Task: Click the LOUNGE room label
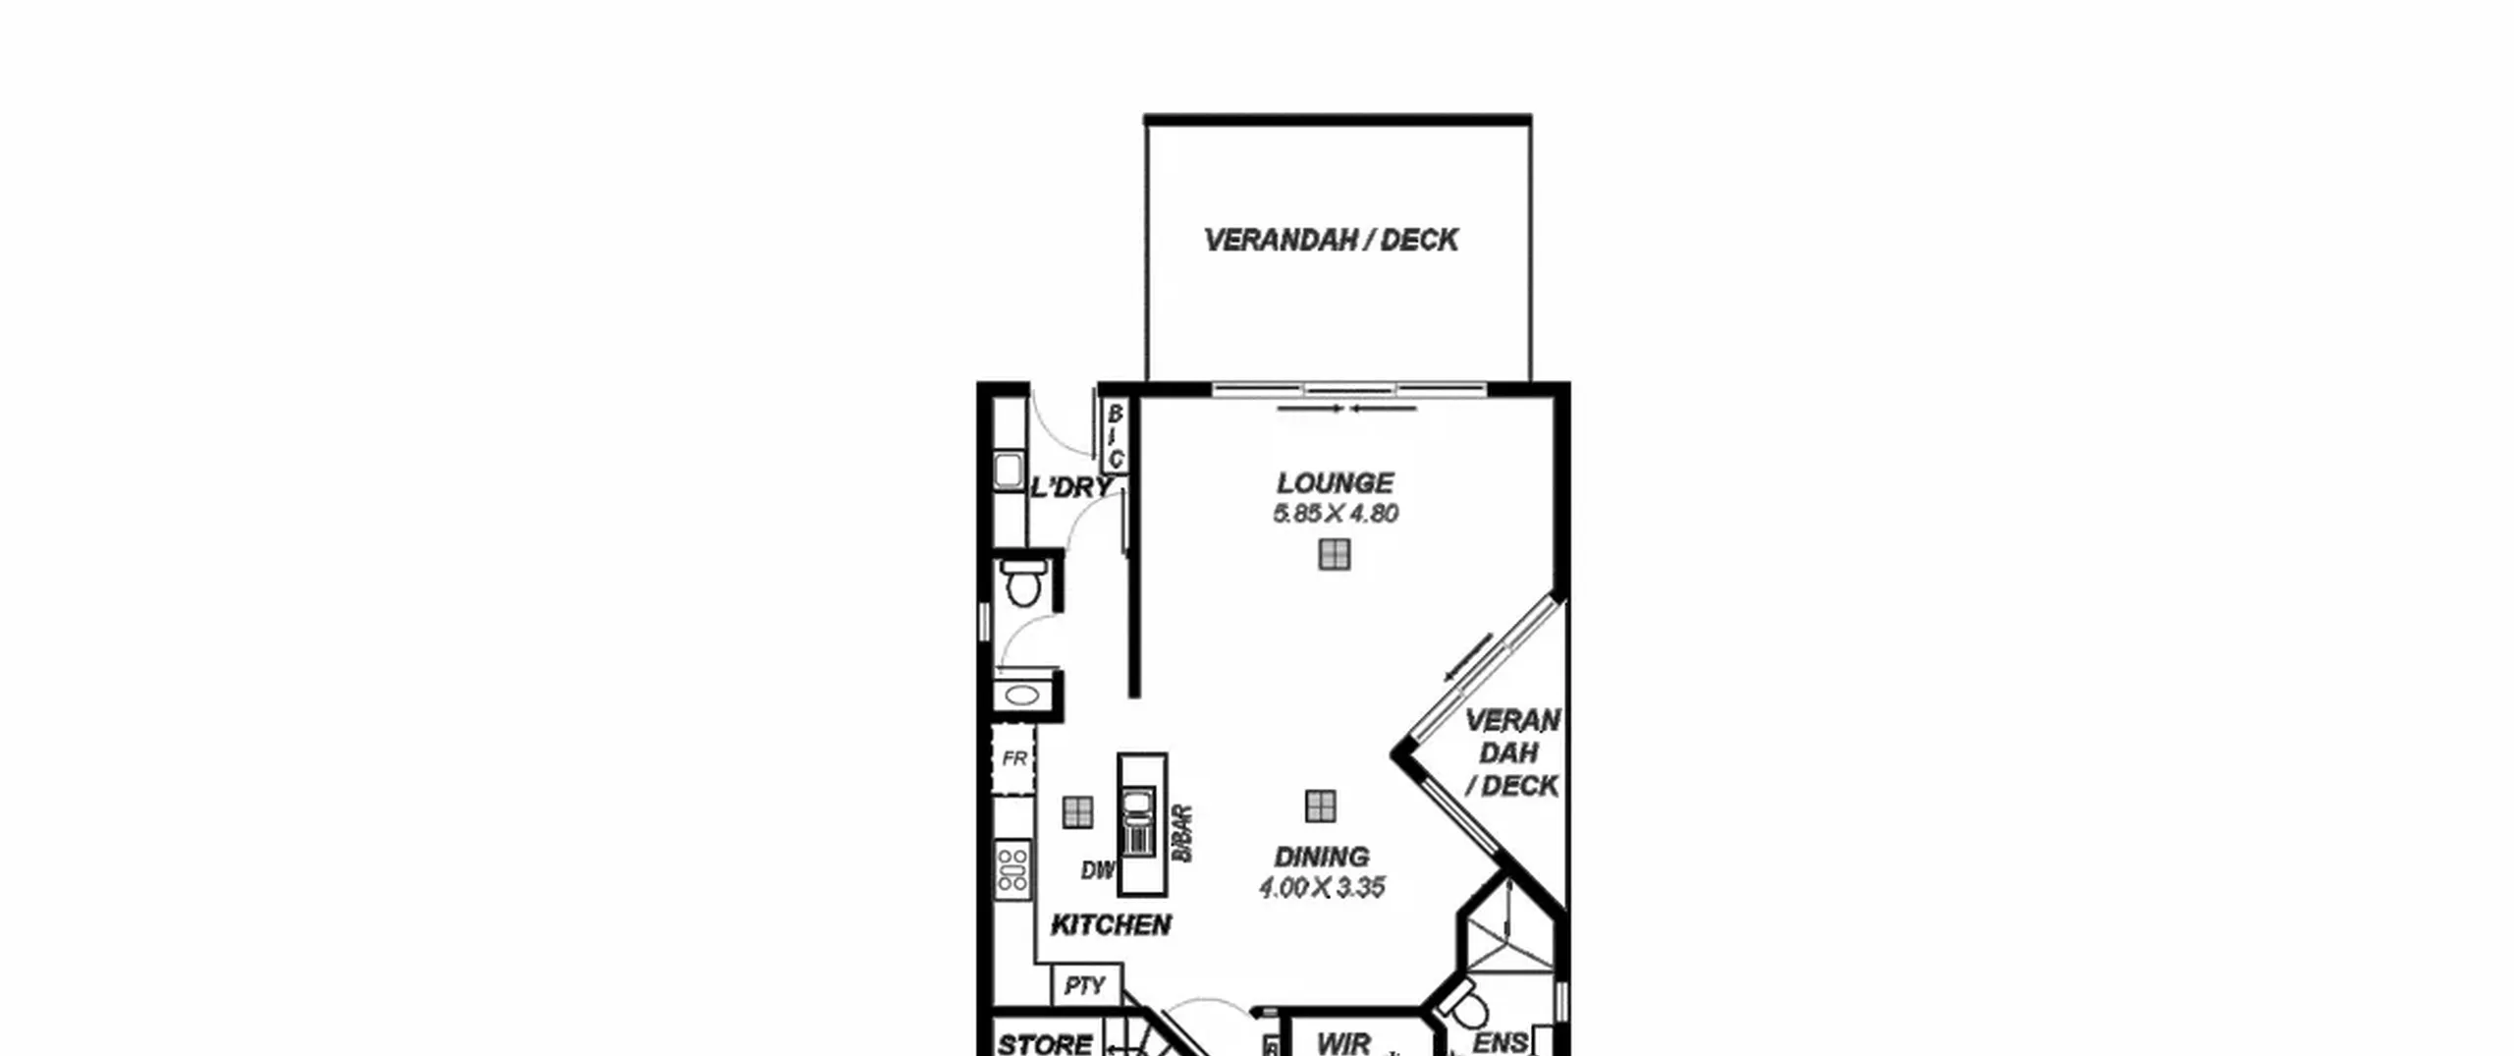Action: click(1335, 483)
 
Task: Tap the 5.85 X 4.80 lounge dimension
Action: click(1336, 514)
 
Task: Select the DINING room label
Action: click(1322, 857)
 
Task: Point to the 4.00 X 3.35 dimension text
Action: click(1322, 888)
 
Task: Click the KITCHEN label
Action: click(1111, 925)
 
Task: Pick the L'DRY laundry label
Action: click(1071, 487)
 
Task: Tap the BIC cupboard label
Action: click(1115, 436)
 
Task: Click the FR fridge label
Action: click(1014, 758)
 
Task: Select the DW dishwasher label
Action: click(1098, 870)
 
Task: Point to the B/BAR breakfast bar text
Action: click(1182, 834)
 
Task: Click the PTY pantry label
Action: click(1085, 985)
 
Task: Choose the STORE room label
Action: click(1044, 1044)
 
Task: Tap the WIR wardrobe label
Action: click(1343, 1044)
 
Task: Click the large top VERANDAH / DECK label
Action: click(1331, 241)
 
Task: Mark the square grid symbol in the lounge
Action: click(1334, 555)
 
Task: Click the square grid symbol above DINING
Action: click(1321, 806)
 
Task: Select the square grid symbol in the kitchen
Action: click(1077, 811)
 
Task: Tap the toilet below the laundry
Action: click(1023, 584)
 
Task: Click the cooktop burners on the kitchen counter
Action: click(1012, 868)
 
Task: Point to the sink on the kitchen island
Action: click(1138, 806)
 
